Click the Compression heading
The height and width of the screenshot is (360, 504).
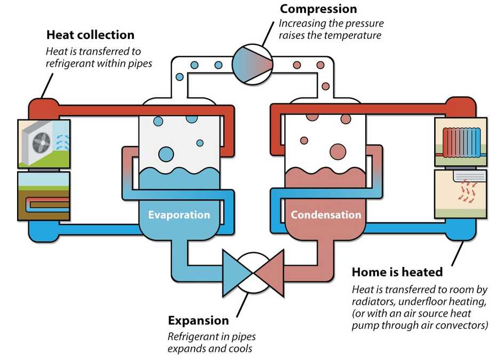pyautogui.click(x=318, y=9)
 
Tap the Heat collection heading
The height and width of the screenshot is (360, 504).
pyautogui.click(x=90, y=35)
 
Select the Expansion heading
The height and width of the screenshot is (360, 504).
pyautogui.click(x=198, y=321)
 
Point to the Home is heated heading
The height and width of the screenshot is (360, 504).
pyautogui.click(x=397, y=272)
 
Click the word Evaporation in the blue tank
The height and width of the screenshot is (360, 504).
pyautogui.click(x=179, y=215)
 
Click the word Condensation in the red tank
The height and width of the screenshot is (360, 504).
pyautogui.click(x=325, y=215)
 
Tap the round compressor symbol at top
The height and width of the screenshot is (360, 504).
pyautogui.click(x=252, y=63)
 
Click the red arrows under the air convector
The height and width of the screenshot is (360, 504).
pyautogui.click(x=467, y=192)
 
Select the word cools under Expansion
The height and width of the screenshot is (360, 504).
pyautogui.click(x=240, y=349)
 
